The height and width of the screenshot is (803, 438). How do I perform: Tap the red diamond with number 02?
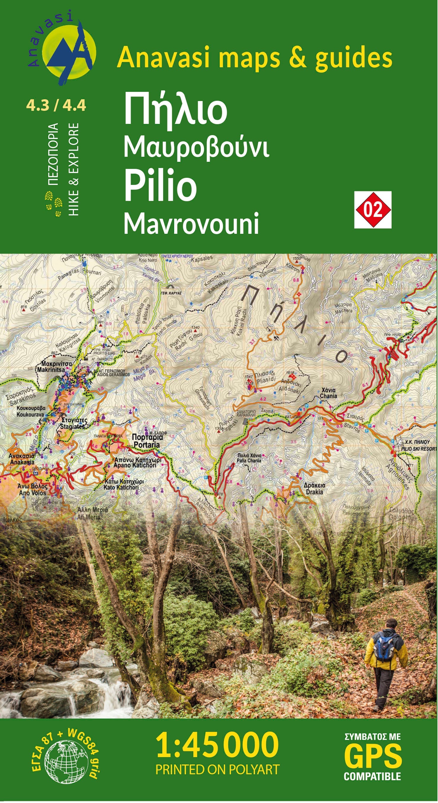373,210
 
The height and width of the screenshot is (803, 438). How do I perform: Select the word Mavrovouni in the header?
191,223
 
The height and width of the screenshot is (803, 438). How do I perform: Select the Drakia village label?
314,492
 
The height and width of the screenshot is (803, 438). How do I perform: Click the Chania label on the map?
328,396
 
